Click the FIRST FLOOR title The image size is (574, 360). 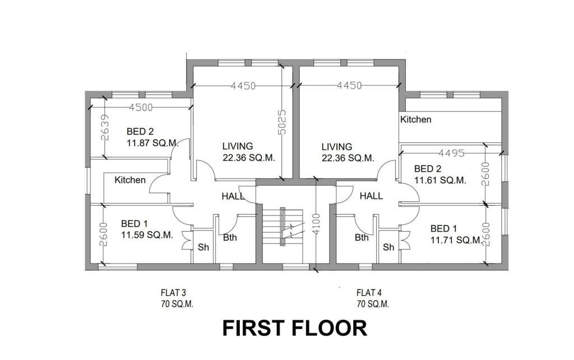coord(294,328)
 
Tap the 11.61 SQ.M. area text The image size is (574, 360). coord(439,180)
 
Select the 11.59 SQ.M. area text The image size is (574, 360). coord(147,235)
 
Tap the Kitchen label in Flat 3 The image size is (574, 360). coord(130,180)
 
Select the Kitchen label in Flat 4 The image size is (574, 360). coord(415,119)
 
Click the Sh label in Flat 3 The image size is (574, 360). coord(203,247)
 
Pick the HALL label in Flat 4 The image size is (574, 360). coord(371,196)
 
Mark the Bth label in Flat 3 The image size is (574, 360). coord(230,237)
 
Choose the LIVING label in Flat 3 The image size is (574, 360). coord(238,146)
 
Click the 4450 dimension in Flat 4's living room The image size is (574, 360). coord(349,85)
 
